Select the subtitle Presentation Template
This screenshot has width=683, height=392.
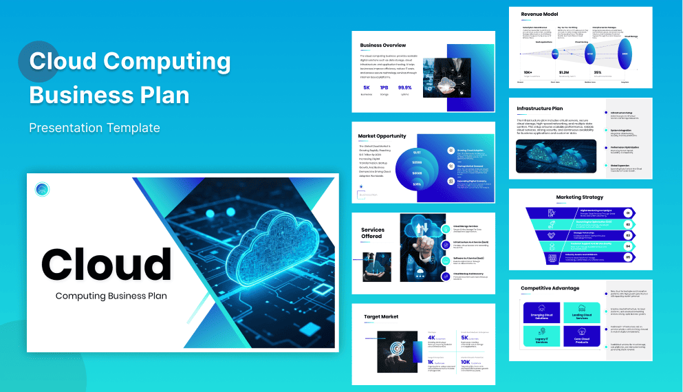pyautogui.click(x=94, y=128)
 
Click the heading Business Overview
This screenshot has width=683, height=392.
pyautogui.click(x=383, y=46)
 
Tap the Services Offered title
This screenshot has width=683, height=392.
pyautogui.click(x=373, y=233)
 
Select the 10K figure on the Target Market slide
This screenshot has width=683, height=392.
pyautogui.click(x=466, y=362)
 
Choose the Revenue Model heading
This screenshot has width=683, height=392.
pyautogui.click(x=540, y=14)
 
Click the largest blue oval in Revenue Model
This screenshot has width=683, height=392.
pyautogui.click(x=625, y=53)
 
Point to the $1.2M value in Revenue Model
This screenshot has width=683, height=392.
pyautogui.click(x=564, y=72)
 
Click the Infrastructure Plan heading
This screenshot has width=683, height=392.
pyautogui.click(x=540, y=108)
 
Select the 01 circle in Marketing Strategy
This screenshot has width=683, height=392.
pyautogui.click(x=627, y=213)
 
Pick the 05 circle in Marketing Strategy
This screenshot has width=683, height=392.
pyautogui.click(x=627, y=257)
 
